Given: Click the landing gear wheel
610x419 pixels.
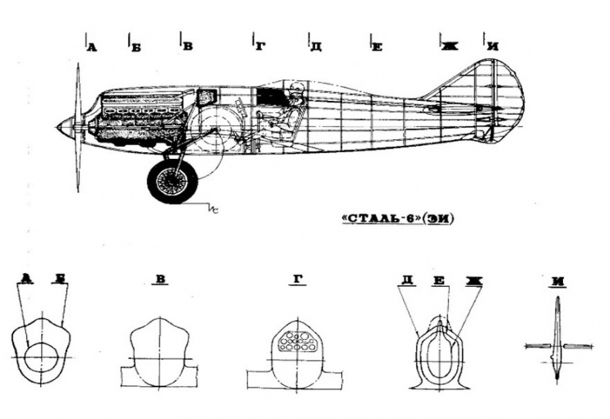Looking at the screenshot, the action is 170,181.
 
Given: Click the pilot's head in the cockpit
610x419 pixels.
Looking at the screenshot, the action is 296,90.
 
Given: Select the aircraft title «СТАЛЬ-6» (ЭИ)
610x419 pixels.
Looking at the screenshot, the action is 397,219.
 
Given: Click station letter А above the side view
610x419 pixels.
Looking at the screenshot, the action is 91,47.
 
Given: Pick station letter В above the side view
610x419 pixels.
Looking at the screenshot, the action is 188,46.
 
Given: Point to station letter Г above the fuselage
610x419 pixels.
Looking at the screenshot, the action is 260,47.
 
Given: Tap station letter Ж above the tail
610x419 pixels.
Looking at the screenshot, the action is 449,46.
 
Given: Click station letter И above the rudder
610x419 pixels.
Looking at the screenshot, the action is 493,46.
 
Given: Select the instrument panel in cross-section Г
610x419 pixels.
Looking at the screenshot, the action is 297,341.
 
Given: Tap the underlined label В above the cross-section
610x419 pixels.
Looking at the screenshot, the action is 161,280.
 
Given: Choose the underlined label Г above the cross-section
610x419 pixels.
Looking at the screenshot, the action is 297,280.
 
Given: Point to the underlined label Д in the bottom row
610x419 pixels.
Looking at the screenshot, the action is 407,281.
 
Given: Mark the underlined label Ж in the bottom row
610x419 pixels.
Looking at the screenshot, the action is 474,281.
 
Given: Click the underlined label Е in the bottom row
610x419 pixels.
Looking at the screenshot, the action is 439,281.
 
